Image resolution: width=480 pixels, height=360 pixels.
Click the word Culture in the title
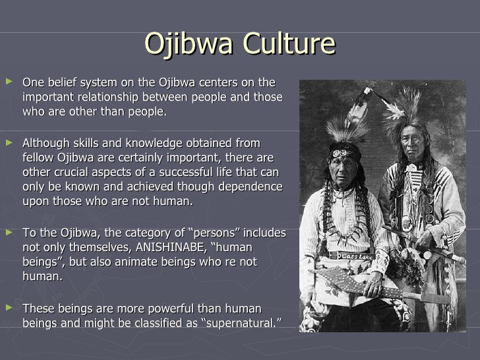287,44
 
